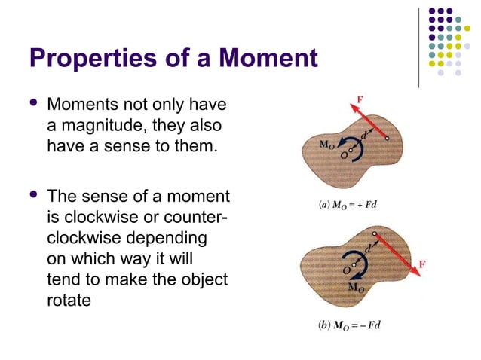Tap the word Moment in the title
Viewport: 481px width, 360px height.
click(265, 59)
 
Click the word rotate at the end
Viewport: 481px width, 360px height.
click(71, 301)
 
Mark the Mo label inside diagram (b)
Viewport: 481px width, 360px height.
click(355, 288)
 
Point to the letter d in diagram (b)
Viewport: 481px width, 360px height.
click(368, 248)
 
